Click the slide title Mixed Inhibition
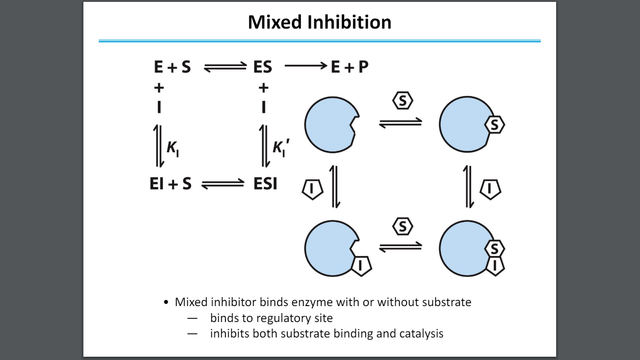point(320,22)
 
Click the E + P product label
point(350,67)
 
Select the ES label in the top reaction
point(262,67)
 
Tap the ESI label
point(265,184)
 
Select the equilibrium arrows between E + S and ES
point(225,68)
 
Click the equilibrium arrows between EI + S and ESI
point(223,185)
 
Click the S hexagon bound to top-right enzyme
point(495,125)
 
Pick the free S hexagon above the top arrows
point(402,101)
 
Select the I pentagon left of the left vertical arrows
point(312,188)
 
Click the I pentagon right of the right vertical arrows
point(490,188)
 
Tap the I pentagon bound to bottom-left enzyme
point(361,265)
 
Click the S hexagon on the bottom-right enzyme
point(495,248)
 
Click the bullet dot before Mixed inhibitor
point(166,302)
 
